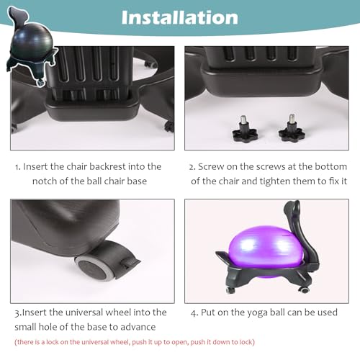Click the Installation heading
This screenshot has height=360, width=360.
click(x=180, y=17)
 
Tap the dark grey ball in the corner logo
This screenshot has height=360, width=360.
click(x=32, y=42)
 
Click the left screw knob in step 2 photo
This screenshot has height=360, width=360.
click(x=245, y=130)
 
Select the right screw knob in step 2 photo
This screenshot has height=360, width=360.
click(x=292, y=128)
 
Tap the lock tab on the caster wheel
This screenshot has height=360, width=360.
click(x=131, y=262)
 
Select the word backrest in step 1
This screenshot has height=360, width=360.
click(x=107, y=166)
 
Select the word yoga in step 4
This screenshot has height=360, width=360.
click(x=256, y=313)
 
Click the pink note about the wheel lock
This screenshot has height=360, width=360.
click(x=135, y=342)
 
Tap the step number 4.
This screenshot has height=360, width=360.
click(x=194, y=313)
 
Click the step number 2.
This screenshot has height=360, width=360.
click(x=191, y=167)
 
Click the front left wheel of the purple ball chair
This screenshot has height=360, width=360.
click(x=230, y=290)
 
